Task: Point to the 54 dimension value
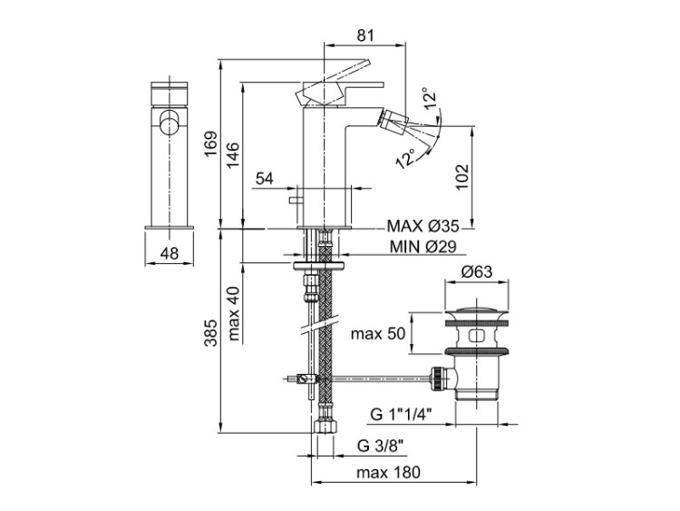point(265,179)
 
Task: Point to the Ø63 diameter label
point(477,271)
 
